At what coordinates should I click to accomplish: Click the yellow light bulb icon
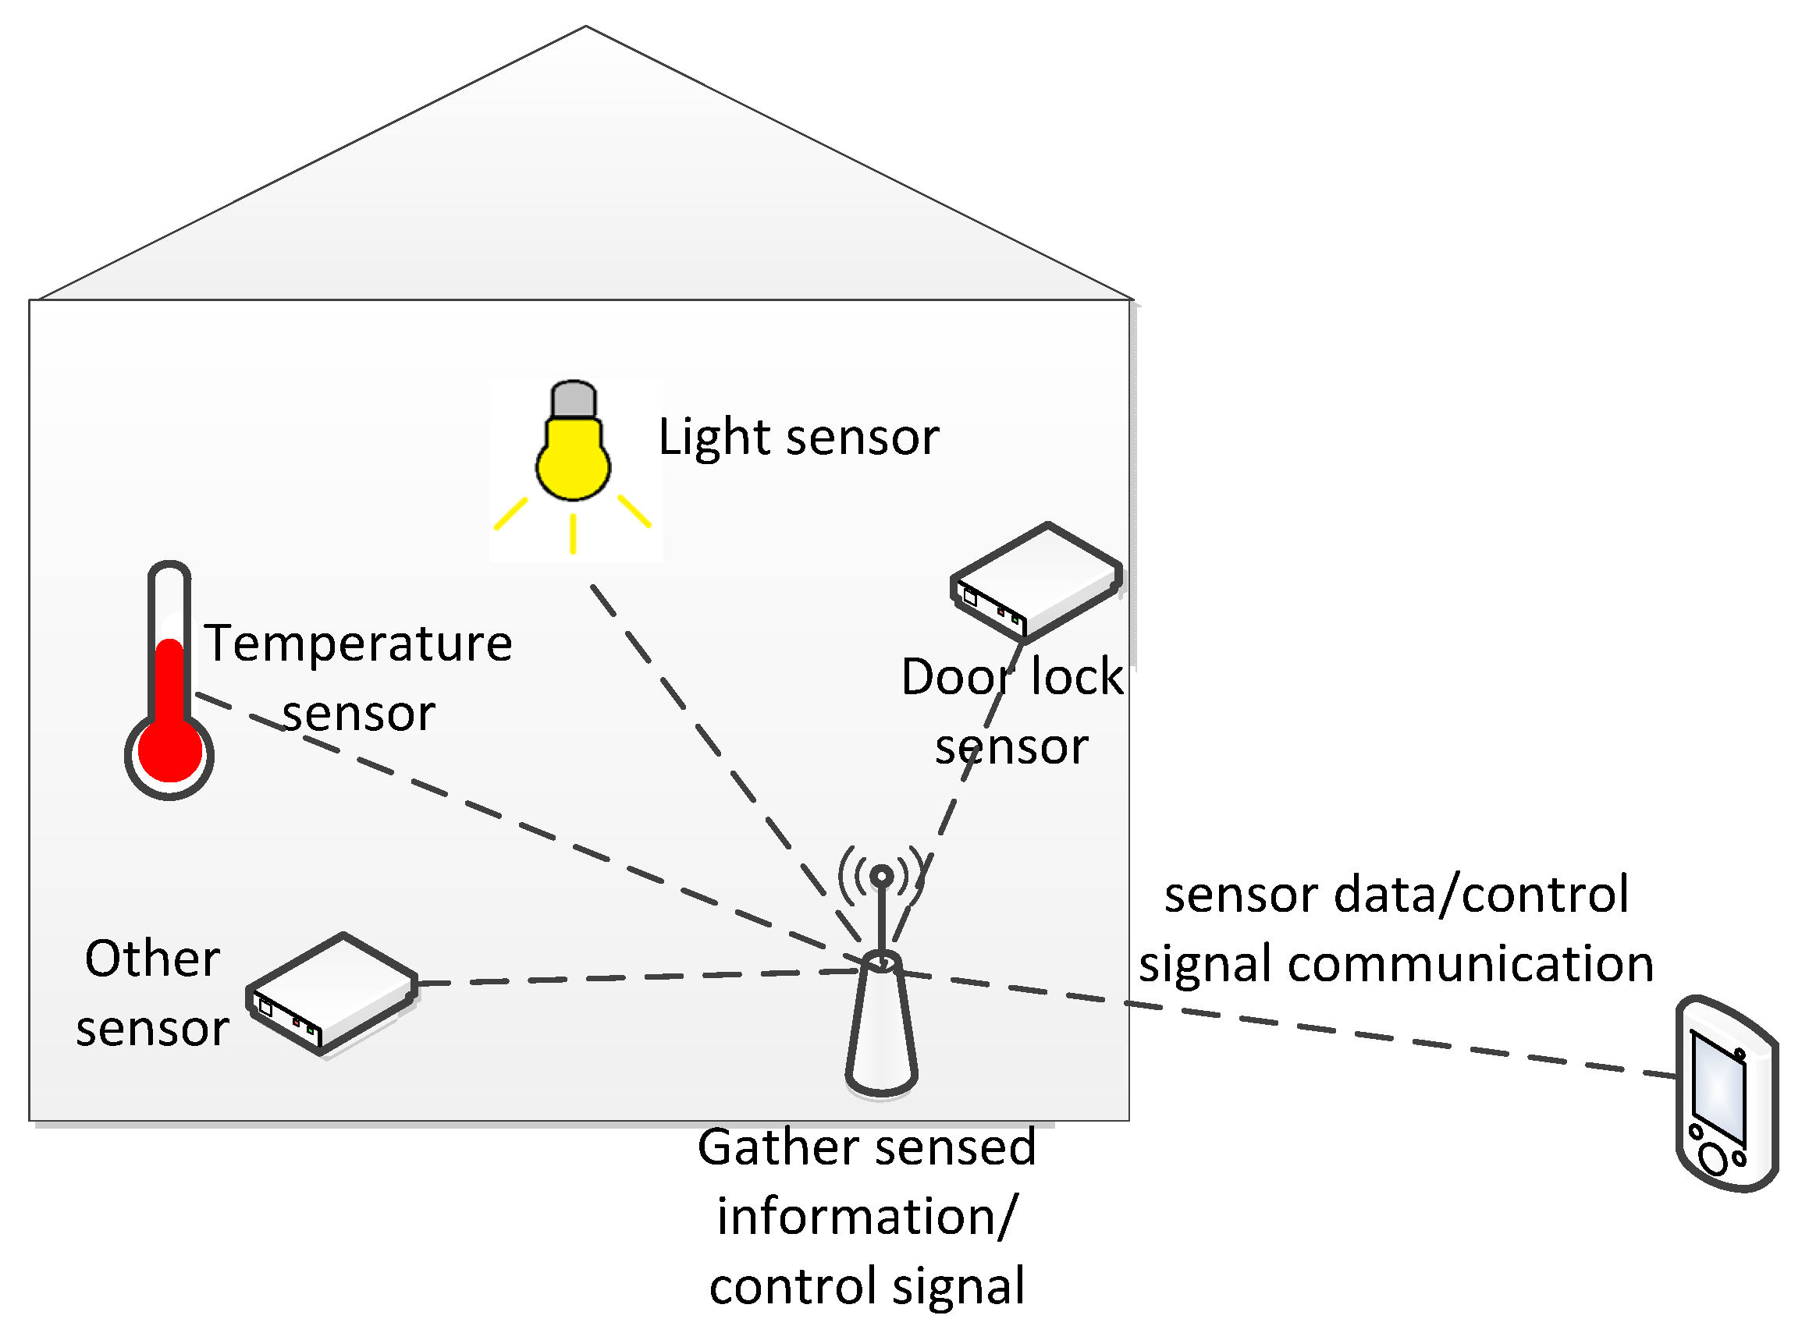[x=572, y=464]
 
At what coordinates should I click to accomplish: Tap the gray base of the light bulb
[x=572, y=400]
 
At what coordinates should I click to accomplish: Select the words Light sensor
[x=798, y=438]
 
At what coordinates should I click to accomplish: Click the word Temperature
[x=357, y=644]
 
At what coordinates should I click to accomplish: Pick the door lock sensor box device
[x=1036, y=582]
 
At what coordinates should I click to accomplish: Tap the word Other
[x=151, y=959]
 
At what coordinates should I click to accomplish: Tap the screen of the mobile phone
[x=1718, y=1089]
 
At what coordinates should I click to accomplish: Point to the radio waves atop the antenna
[x=882, y=876]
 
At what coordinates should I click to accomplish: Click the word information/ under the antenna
[x=866, y=1217]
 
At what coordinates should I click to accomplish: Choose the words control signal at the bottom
[x=866, y=1286]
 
